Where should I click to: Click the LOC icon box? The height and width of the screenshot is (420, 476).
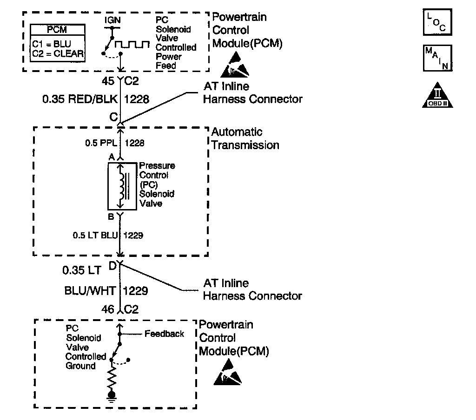[437, 22]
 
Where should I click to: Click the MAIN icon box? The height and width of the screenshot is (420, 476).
[437, 58]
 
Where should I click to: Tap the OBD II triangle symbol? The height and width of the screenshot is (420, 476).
[437, 95]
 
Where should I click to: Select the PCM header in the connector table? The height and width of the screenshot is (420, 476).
[57, 30]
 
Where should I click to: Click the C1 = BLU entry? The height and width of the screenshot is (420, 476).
[52, 44]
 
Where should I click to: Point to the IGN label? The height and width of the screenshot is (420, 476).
[112, 20]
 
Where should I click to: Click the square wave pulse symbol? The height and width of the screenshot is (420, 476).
[132, 44]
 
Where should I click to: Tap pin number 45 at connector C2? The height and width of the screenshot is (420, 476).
[108, 81]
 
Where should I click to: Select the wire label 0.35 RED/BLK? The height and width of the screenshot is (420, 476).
[80, 99]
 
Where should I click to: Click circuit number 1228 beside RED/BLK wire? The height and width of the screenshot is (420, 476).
[137, 99]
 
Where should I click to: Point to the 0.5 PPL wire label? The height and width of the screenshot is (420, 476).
[101, 143]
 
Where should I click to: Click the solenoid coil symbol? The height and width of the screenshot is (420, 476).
[122, 186]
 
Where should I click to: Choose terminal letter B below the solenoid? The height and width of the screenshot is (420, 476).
[111, 217]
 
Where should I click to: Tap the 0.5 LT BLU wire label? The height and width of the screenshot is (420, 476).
[95, 235]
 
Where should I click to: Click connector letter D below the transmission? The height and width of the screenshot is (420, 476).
[112, 266]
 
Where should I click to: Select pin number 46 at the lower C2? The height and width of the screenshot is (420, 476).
[108, 309]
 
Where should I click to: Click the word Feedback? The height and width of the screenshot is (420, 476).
[164, 334]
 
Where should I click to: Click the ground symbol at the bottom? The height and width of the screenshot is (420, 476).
[112, 396]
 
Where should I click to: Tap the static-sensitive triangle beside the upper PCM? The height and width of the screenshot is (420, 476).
[235, 65]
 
